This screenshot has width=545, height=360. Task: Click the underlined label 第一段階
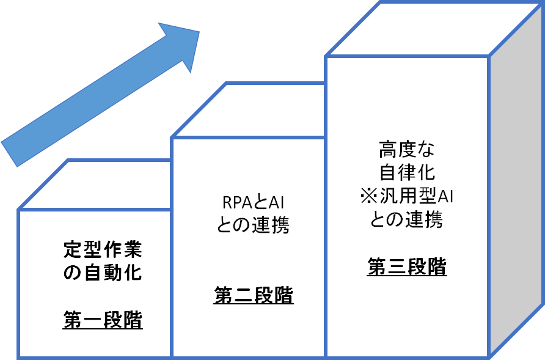pos(103,320)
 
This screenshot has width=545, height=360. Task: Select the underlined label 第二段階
pos(254,296)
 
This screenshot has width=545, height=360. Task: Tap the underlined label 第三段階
pos(406,267)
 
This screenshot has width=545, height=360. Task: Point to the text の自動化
pos(103,272)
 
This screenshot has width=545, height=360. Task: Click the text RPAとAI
pos(254,202)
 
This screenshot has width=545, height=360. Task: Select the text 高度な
pos(406,149)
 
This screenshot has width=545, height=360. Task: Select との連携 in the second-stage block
pos(254,225)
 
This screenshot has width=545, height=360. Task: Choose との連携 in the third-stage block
pos(406,219)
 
